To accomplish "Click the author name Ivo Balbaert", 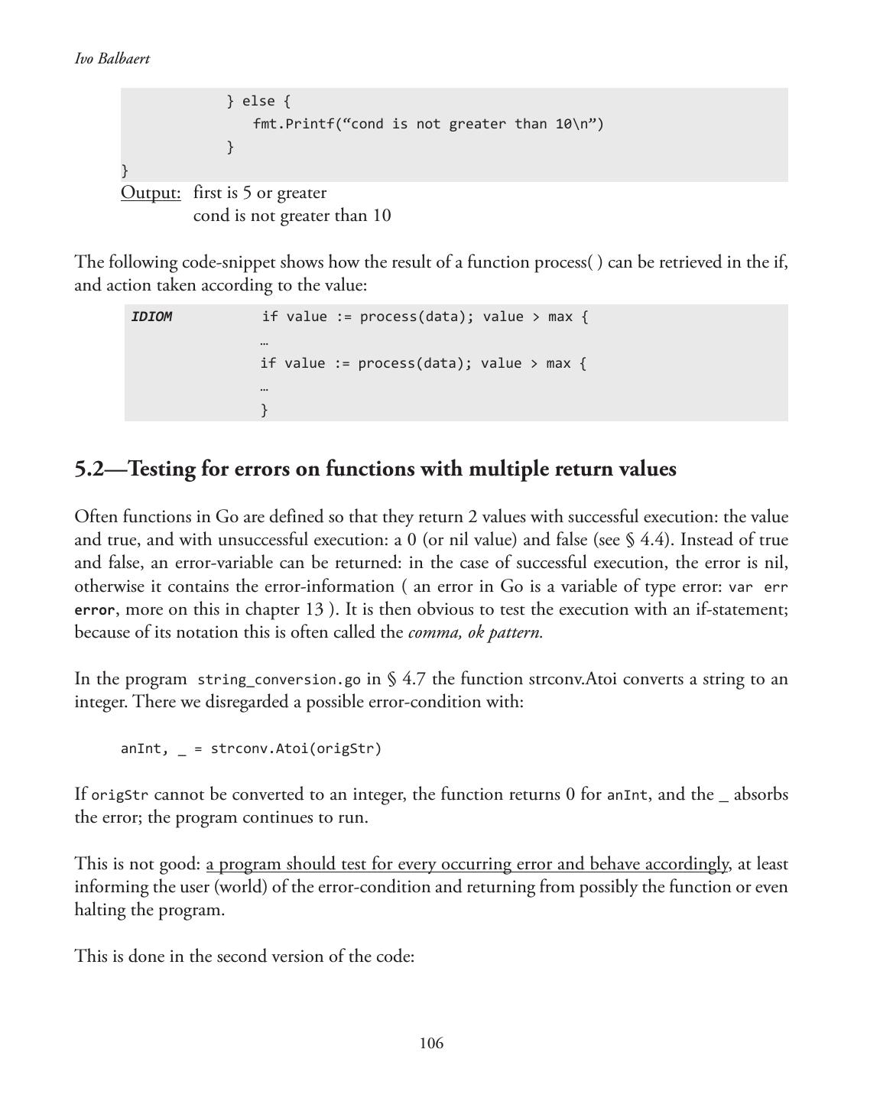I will [x=112, y=59].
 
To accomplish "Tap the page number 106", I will [x=431, y=1044].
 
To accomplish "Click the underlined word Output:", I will [x=151, y=193].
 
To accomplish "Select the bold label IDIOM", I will [x=151, y=317].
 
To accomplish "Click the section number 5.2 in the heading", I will [x=89, y=469].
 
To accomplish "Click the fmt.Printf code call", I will [x=294, y=124].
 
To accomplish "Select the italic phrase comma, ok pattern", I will [x=476, y=632].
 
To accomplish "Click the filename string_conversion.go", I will [x=279, y=680].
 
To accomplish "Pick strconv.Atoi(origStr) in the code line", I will [x=296, y=749].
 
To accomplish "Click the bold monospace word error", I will [x=94, y=610].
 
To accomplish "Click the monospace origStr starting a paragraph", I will [x=120, y=795].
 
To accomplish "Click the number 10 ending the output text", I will [x=382, y=216].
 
